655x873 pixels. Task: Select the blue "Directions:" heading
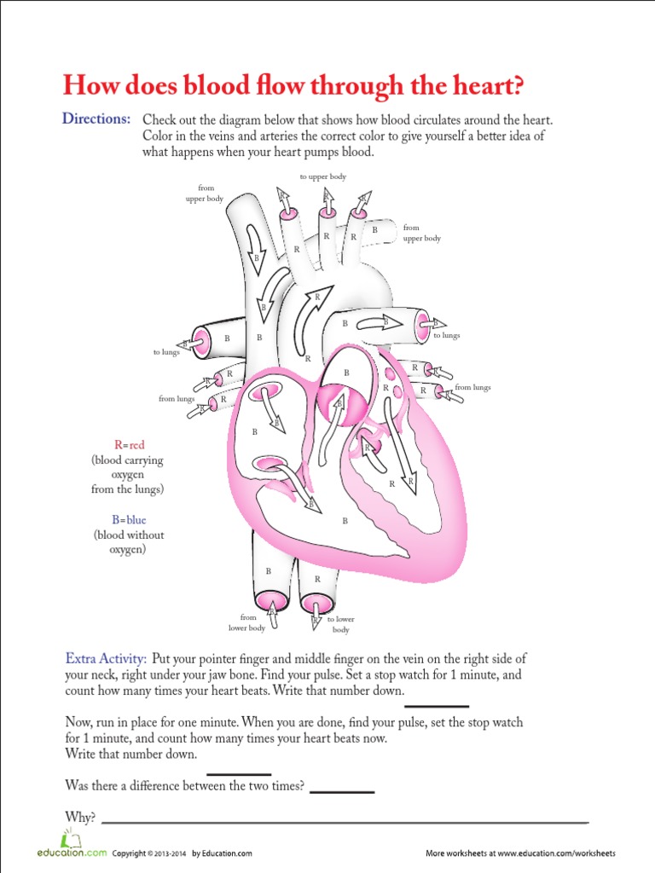click(96, 119)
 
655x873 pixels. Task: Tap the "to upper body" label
click(322, 176)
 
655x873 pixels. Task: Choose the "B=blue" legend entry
click(127, 519)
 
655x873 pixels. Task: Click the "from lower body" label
click(248, 623)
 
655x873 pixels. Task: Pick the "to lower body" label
click(340, 624)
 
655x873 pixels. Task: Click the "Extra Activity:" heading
click(106, 659)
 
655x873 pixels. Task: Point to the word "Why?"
click(80, 817)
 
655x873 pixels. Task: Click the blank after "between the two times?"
click(342, 791)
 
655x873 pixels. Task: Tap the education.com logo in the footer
click(72, 852)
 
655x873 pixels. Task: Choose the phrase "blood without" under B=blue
click(129, 535)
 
